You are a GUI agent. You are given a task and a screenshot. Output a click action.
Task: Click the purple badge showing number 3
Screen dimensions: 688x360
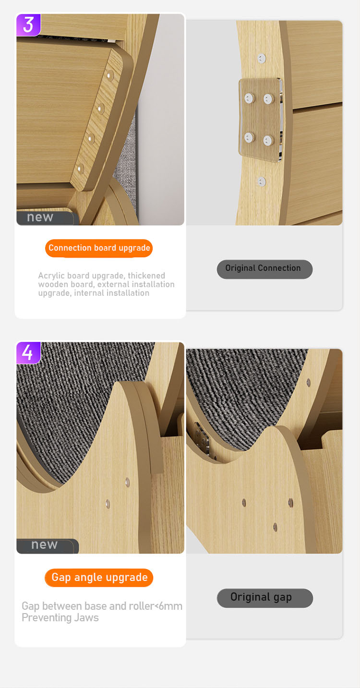[x=28, y=25]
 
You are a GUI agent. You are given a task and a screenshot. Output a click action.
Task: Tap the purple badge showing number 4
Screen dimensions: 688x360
[x=28, y=352]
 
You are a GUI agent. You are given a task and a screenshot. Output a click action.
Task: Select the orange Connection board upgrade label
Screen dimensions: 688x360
[x=99, y=248]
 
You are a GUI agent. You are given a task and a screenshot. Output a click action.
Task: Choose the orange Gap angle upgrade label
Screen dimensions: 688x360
[x=99, y=578]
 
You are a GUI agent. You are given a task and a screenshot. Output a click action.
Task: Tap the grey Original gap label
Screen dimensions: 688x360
[x=264, y=598]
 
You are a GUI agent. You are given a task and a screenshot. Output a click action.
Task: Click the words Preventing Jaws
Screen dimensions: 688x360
[x=60, y=618]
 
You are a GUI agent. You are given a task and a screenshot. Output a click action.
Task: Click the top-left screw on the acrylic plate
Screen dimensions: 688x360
[x=249, y=98]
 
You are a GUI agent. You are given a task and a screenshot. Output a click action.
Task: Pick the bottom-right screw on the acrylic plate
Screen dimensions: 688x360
[x=268, y=140]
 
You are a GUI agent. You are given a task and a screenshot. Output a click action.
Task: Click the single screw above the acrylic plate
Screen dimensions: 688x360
[x=261, y=59]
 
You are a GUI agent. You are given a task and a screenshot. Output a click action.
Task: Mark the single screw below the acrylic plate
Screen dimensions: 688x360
[x=261, y=181]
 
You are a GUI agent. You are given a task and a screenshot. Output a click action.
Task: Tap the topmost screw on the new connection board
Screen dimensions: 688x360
[x=110, y=75]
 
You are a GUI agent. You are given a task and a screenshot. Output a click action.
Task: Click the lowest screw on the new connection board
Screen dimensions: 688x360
[x=80, y=169]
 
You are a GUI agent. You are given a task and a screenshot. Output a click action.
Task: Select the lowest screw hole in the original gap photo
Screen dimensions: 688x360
[x=276, y=527]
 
